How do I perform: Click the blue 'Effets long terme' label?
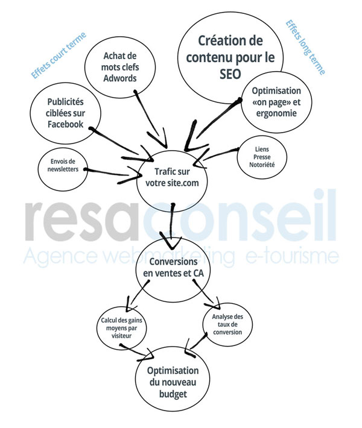[304, 47]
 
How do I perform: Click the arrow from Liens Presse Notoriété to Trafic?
[220, 154]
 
